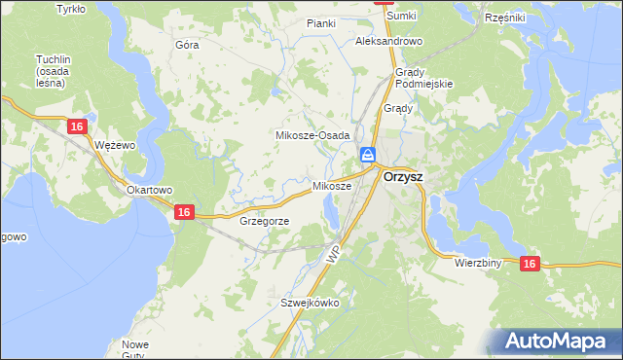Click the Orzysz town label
pyautogui.click(x=402, y=178)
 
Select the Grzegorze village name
pyautogui.click(x=263, y=221)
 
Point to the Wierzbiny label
pyautogui.click(x=477, y=263)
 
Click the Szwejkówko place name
pyautogui.click(x=310, y=303)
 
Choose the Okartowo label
pyautogui.click(x=149, y=190)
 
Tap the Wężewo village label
pyautogui.click(x=114, y=144)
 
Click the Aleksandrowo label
pyautogui.click(x=388, y=42)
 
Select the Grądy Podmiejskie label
pyautogui.click(x=424, y=78)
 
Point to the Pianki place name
pyautogui.click(x=320, y=23)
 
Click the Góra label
pyautogui.click(x=186, y=45)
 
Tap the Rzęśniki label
pyautogui.click(x=504, y=18)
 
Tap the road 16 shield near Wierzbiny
pyautogui.click(x=530, y=263)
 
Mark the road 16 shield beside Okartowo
pyautogui.click(x=183, y=211)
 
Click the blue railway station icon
pyautogui.click(x=368, y=155)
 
